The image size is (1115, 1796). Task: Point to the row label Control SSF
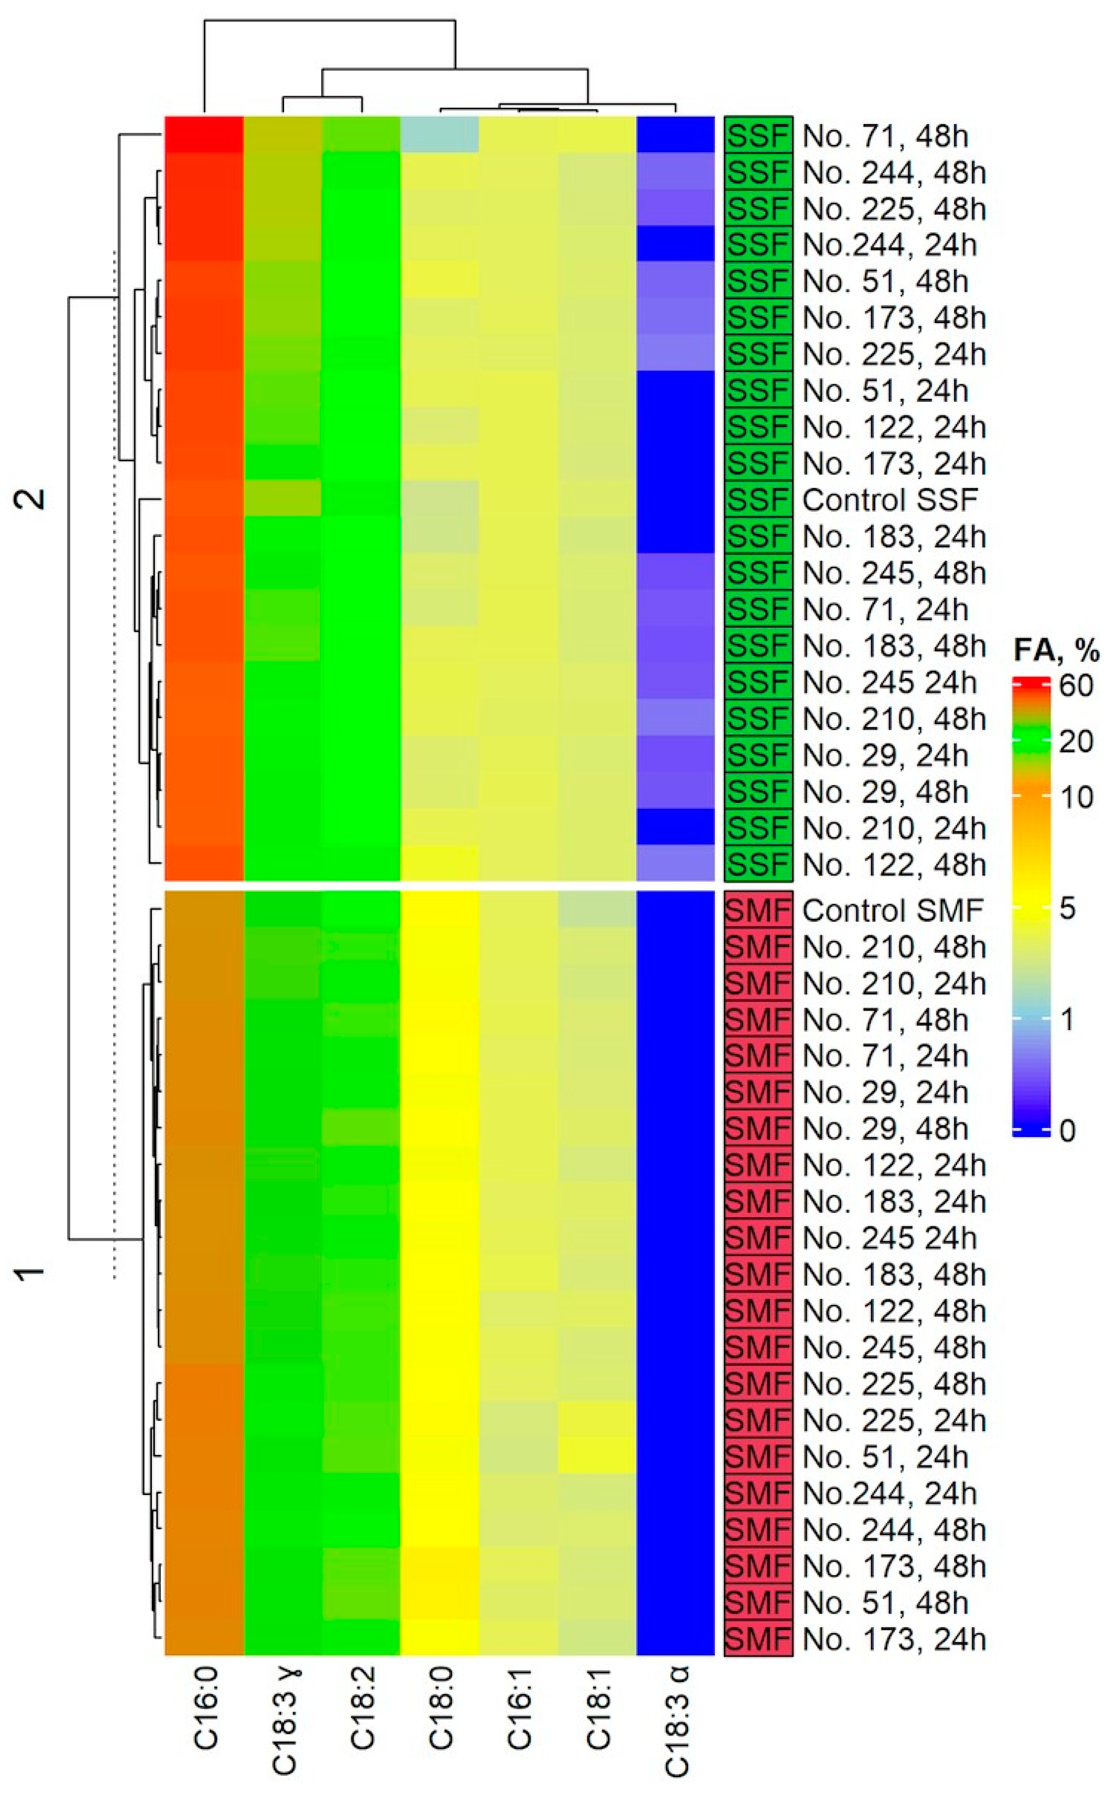coord(889,500)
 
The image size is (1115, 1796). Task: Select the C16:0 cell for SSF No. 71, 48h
coord(204,135)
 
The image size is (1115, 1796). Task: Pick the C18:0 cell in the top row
coord(439,135)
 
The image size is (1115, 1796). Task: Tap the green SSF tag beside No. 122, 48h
coord(758,864)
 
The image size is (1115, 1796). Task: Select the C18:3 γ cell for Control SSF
coord(283,500)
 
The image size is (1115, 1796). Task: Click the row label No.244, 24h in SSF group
coord(889,245)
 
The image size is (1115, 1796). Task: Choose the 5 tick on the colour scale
coord(1067,909)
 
